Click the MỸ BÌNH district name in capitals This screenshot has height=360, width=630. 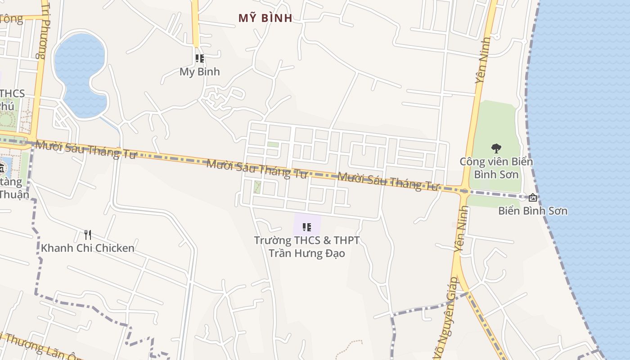click(265, 18)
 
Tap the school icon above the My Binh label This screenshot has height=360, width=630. click(199, 58)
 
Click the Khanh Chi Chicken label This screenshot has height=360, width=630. click(88, 248)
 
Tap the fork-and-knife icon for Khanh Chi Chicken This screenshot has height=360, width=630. click(88, 234)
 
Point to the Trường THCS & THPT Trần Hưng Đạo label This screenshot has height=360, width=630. click(307, 247)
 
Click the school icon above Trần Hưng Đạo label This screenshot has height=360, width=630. click(307, 227)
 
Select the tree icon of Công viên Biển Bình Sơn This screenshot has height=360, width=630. click(496, 148)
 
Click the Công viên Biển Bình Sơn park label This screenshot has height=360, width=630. click(496, 168)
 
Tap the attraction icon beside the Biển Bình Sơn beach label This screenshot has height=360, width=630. click(533, 197)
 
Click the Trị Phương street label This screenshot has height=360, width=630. click(43, 29)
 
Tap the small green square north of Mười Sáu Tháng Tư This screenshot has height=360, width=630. click(273, 144)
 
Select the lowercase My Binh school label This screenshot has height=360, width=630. click(199, 72)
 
